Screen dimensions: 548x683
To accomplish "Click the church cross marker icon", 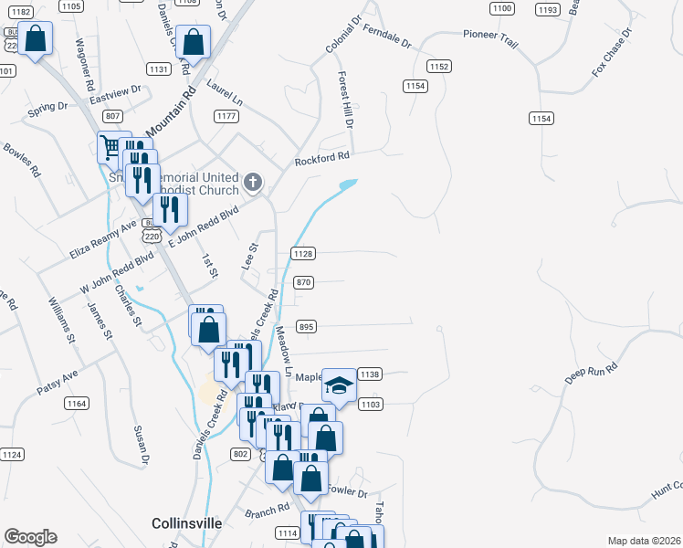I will tap(253, 184).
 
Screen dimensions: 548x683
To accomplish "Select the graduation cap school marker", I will tap(339, 385).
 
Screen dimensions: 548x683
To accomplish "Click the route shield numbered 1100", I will tap(501, 8).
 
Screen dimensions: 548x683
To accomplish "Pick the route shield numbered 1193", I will tap(548, 10).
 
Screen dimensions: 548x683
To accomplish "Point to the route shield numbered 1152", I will tap(439, 67).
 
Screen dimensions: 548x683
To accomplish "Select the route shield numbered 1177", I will tap(226, 116).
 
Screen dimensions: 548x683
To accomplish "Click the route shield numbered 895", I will tap(307, 326).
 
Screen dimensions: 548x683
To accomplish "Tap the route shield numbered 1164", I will tap(77, 403).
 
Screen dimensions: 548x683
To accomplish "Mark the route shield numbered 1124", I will tap(12, 454).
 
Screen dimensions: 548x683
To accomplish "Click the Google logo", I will tap(30, 537).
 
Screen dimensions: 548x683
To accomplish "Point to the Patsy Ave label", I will tap(58, 382).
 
